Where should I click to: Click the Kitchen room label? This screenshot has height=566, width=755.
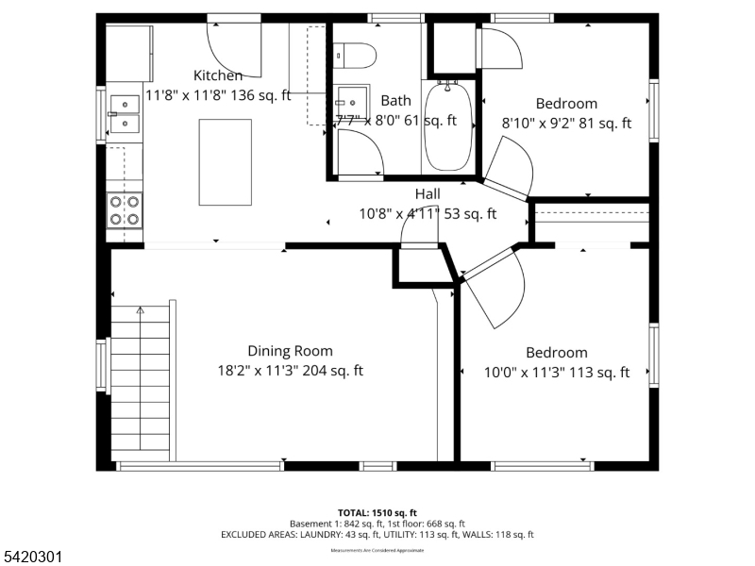pyautogui.click(x=218, y=75)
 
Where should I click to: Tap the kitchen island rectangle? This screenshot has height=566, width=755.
pyautogui.click(x=226, y=162)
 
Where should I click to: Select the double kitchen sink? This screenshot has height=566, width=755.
pyautogui.click(x=124, y=112)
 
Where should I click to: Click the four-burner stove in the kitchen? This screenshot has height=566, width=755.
pyautogui.click(x=124, y=210)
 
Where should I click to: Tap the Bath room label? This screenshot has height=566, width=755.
pyautogui.click(x=395, y=100)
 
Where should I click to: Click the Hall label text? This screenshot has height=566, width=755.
pyautogui.click(x=428, y=193)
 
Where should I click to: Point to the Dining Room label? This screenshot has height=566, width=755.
pyautogui.click(x=290, y=351)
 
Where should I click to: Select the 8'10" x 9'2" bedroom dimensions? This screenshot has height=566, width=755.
pyautogui.click(x=566, y=123)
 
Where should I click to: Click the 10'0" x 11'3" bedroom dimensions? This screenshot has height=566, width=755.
pyautogui.click(x=556, y=373)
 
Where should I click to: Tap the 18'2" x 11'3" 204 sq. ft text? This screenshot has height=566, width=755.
pyautogui.click(x=290, y=372)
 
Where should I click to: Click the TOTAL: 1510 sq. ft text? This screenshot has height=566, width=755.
pyautogui.click(x=377, y=512)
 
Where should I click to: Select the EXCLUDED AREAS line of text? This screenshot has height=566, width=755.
pyautogui.click(x=377, y=534)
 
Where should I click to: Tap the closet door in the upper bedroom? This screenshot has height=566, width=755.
pyautogui.click(x=500, y=47)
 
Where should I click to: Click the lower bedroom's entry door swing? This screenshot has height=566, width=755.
pyautogui.click(x=495, y=288)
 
